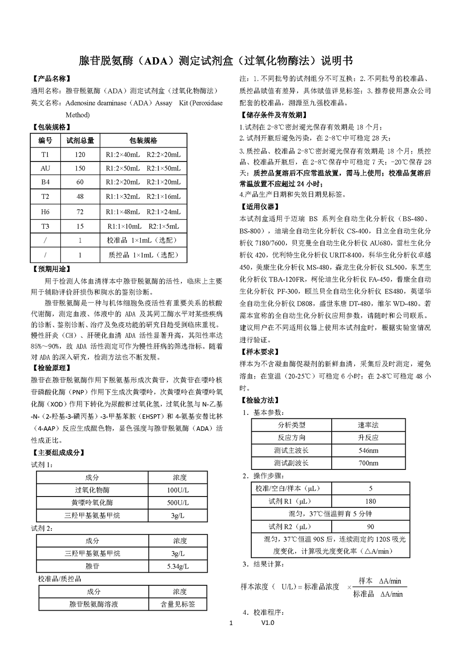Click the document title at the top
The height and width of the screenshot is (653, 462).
tap(216, 61)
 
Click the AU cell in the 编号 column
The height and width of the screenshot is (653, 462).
tap(46, 168)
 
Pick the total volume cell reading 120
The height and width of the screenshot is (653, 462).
tap(80, 155)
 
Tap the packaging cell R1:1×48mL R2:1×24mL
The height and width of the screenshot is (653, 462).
tap(143, 212)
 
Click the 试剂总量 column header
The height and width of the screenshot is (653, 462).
tap(80, 141)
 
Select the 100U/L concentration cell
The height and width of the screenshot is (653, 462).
tap(178, 490)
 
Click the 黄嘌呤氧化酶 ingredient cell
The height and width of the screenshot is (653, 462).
tap(92, 503)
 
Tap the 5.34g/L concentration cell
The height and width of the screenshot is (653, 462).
tap(178, 566)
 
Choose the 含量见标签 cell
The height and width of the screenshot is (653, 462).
tap(178, 604)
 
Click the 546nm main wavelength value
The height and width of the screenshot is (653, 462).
tap(368, 451)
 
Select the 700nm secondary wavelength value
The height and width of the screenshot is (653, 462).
tap(368, 463)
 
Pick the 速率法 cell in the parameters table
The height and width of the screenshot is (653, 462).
tap(368, 425)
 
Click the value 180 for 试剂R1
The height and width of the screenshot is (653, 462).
tap(370, 501)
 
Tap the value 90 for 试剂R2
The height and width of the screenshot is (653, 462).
tap(370, 527)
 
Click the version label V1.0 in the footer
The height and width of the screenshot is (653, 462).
tap(268, 623)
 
